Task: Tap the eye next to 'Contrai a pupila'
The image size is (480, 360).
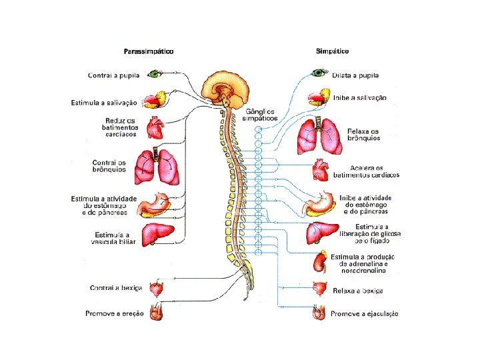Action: [156, 74]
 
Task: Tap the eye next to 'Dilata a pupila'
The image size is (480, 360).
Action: [319, 73]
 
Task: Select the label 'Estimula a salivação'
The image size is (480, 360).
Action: [104, 103]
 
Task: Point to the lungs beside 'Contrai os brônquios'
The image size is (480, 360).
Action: [157, 167]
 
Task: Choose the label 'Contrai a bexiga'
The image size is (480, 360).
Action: [116, 288]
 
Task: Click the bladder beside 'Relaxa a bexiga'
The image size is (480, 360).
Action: [320, 289]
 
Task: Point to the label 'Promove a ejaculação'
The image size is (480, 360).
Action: [365, 313]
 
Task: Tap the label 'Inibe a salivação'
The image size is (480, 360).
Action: [360, 98]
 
